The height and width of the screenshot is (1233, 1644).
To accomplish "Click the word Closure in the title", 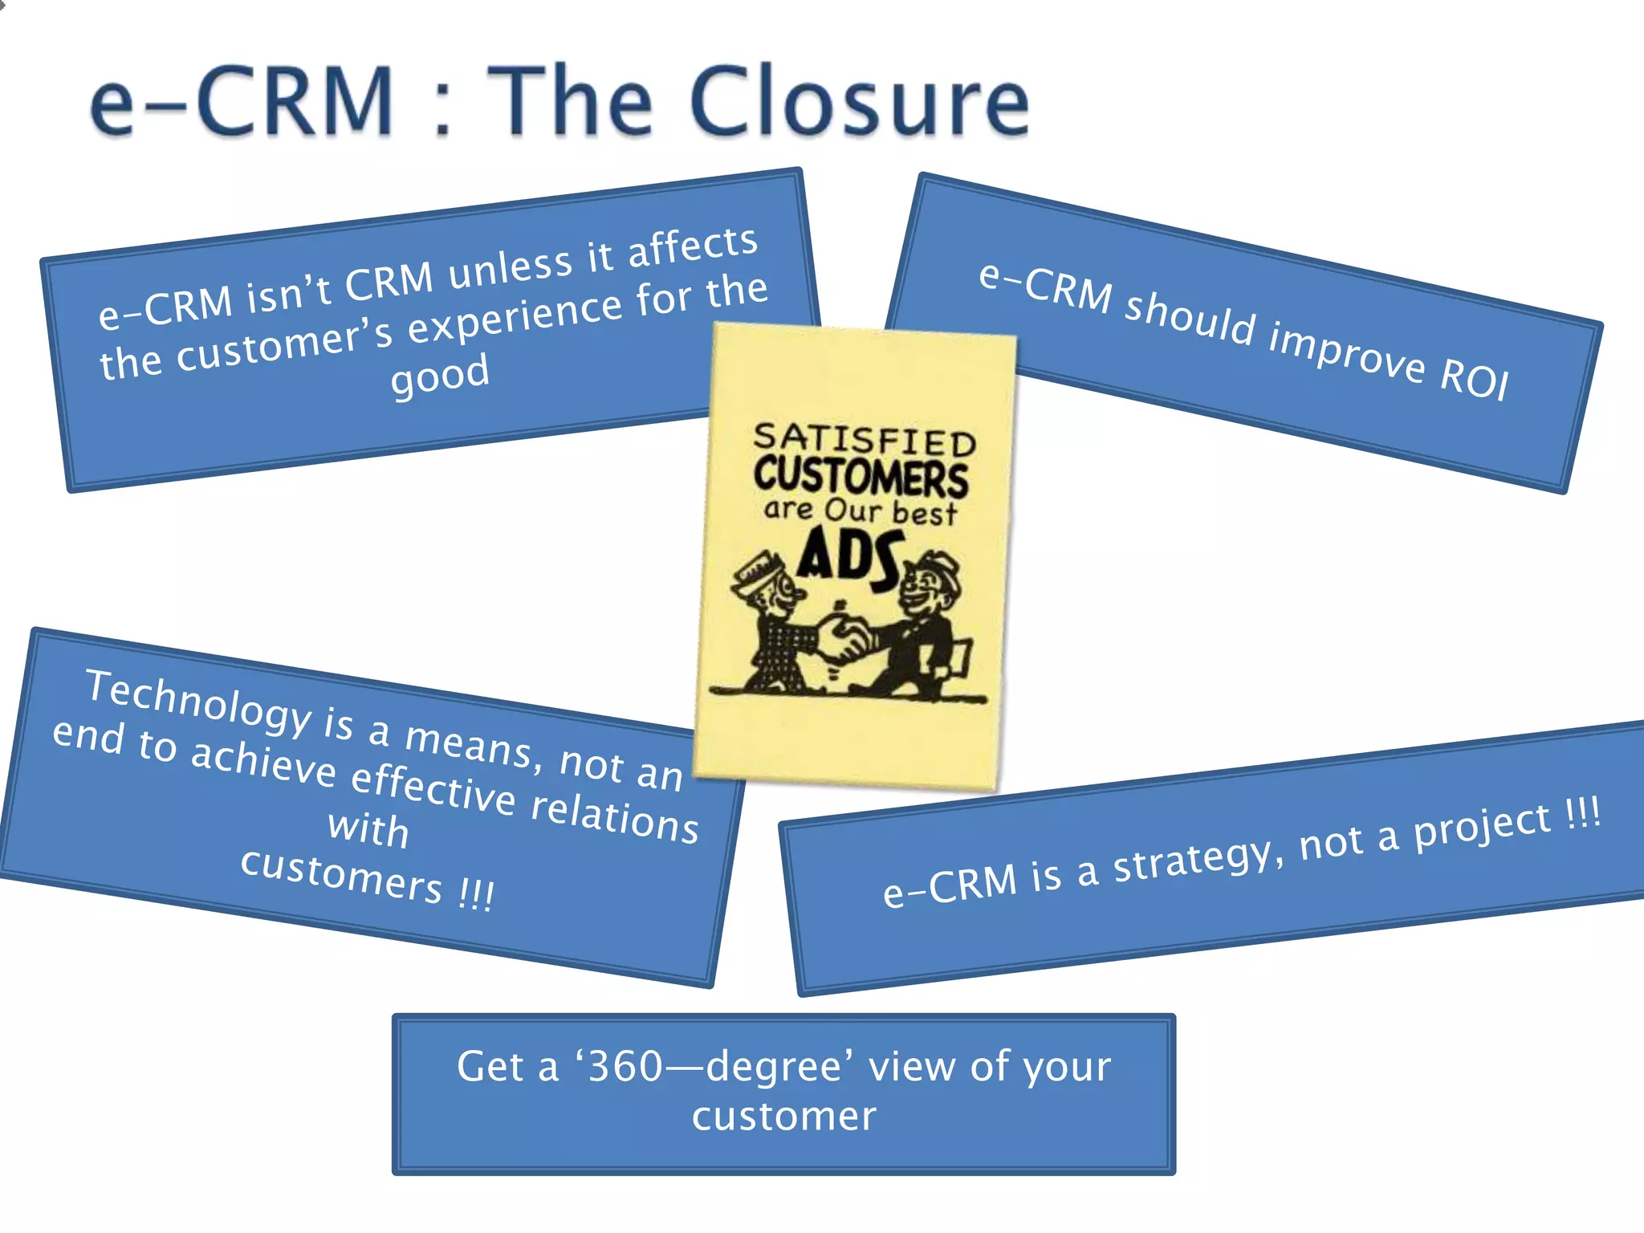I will (859, 102).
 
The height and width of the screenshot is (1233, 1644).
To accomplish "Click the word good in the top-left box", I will (440, 375).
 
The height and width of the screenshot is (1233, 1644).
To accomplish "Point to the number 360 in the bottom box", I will (625, 1067).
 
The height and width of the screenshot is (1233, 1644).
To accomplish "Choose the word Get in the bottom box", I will (489, 1067).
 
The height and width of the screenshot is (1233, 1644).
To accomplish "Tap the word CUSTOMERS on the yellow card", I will (861, 476).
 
